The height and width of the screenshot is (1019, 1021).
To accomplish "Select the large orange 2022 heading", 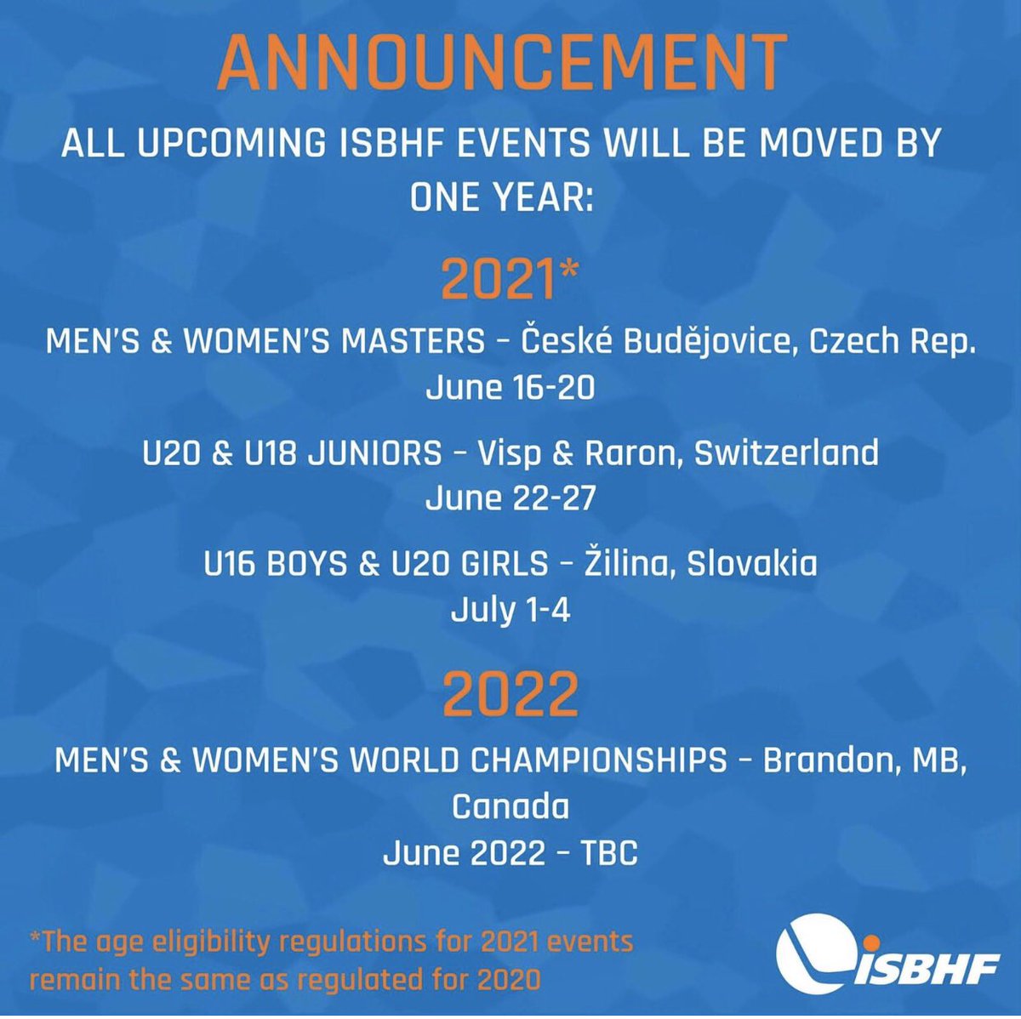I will [x=510, y=694].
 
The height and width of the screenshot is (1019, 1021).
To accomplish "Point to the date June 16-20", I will [x=510, y=388].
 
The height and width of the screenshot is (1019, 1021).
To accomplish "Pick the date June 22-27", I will [x=510, y=498].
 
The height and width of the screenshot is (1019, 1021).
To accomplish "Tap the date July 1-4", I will [x=510, y=610].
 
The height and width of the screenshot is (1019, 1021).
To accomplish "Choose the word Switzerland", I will [x=786, y=453].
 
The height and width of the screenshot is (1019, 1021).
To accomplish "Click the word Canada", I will [x=510, y=806].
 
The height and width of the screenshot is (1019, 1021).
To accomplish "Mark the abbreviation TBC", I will [x=607, y=851].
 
